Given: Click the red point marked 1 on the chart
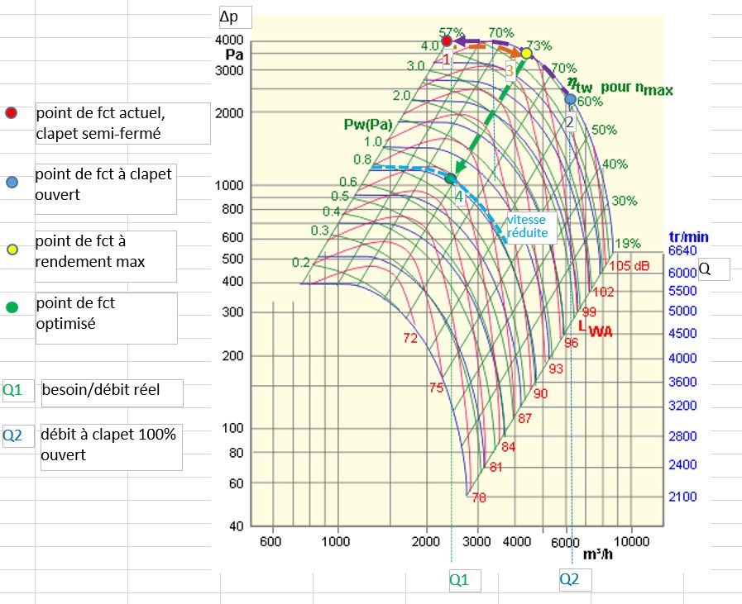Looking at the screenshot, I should tap(447, 40).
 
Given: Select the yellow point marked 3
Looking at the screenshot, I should tap(526, 53).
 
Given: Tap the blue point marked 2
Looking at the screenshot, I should tap(570, 99).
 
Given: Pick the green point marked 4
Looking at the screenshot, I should tap(451, 178).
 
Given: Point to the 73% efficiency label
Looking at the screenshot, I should tap(539, 45).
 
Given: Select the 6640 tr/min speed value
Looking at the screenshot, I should tap(682, 250).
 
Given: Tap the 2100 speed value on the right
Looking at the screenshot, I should tap(682, 497).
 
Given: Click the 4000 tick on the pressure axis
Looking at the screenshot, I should tap(229, 40).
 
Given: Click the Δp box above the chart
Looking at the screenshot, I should tap(233, 17).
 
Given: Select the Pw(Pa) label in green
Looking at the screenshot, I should tap(368, 124).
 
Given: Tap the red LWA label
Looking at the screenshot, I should tap(595, 329).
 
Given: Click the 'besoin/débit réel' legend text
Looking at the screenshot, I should tap(102, 390).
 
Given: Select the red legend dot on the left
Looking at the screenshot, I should tap(11, 114).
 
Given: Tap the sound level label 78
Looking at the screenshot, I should tap(478, 497).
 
